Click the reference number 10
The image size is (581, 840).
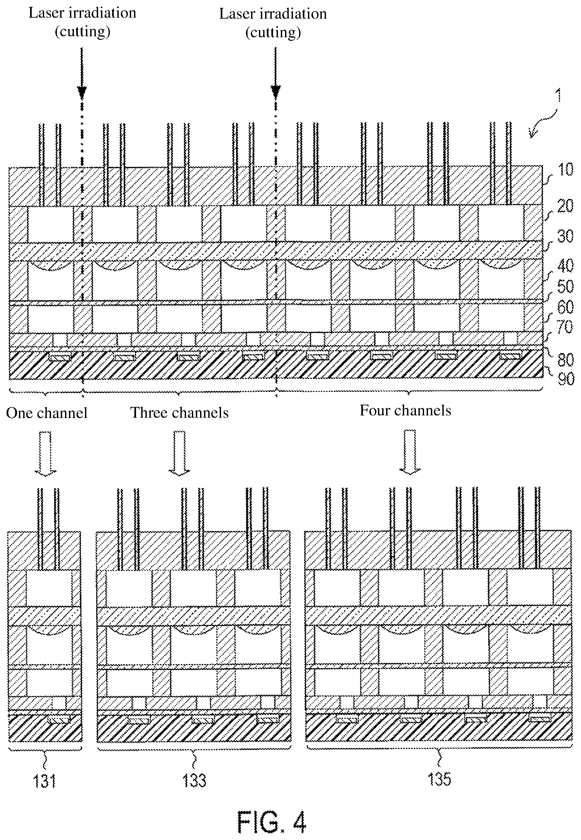[565, 170]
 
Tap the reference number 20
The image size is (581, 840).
[565, 206]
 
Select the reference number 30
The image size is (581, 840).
[565, 236]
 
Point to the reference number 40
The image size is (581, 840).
[565, 266]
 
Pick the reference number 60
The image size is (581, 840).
[565, 307]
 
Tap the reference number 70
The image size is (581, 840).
[565, 327]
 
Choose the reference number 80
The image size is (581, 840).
[565, 360]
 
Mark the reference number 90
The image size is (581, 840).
[565, 379]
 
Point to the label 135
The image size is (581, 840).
[439, 779]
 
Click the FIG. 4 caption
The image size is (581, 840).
[272, 822]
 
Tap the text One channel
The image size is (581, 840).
[47, 413]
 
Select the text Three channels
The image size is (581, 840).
[179, 413]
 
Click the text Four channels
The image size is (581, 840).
[405, 411]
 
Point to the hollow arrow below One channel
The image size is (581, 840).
[45, 453]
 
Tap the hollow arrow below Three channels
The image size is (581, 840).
[179, 453]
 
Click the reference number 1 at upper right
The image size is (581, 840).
[558, 95]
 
